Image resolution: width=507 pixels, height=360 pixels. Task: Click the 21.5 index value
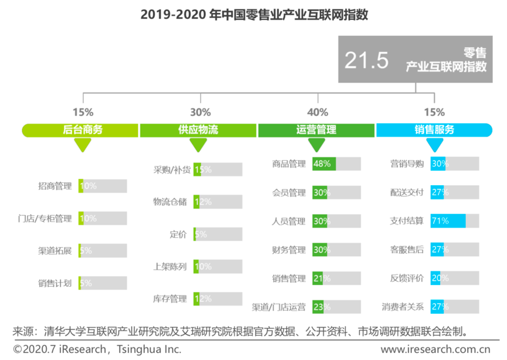[x=366, y=60]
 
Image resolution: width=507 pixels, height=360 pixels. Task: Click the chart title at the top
[x=254, y=14]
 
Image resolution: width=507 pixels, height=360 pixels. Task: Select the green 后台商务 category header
[x=80, y=130]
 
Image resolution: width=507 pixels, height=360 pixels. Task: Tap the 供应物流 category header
[x=198, y=130]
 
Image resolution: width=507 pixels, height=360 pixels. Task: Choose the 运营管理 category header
[x=316, y=130]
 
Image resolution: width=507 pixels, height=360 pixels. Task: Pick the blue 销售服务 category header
[x=434, y=130]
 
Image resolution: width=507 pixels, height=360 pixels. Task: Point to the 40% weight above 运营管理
[x=317, y=112]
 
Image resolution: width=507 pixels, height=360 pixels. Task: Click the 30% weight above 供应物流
[x=200, y=112]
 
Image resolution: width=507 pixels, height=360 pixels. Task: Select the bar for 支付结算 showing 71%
[x=454, y=221]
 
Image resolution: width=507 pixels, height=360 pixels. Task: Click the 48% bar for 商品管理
[x=336, y=164]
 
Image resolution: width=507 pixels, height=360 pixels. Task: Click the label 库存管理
[x=170, y=299]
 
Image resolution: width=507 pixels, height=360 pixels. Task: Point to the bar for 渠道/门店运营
[x=336, y=307]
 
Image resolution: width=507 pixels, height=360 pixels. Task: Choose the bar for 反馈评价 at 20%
[x=454, y=278]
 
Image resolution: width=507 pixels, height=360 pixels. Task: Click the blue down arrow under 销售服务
[x=435, y=145]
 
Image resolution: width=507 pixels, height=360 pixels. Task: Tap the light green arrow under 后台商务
[x=83, y=145]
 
